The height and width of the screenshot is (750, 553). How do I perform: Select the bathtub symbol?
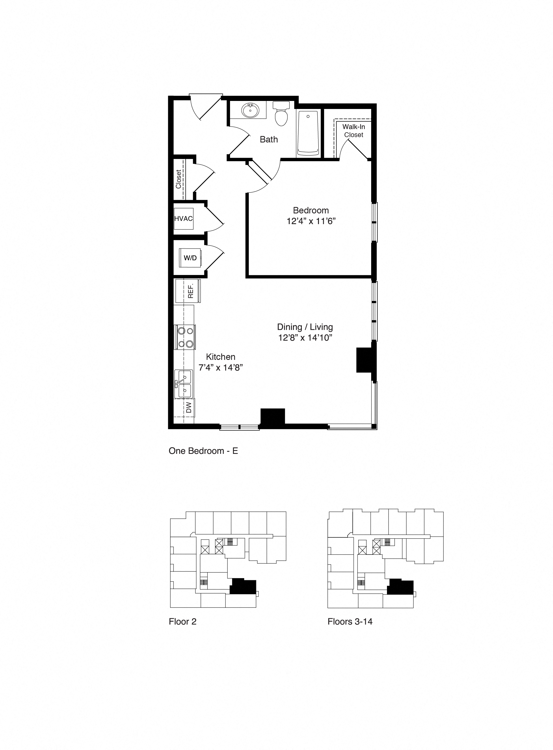[308, 133]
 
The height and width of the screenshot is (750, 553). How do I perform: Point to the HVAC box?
[183, 218]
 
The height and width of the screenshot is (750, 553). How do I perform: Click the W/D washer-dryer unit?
[190, 258]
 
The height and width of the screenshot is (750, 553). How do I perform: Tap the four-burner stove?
[185, 337]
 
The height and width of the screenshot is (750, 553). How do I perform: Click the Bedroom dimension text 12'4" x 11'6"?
[311, 221]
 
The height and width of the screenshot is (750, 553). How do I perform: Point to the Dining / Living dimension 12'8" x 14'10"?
[305, 338]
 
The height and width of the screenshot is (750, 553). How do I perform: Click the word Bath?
[269, 140]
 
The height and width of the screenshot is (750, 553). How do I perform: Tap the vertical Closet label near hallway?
[178, 179]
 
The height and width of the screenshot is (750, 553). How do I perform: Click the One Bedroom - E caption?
[203, 451]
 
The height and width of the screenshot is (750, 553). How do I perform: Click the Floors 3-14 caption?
[350, 621]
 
